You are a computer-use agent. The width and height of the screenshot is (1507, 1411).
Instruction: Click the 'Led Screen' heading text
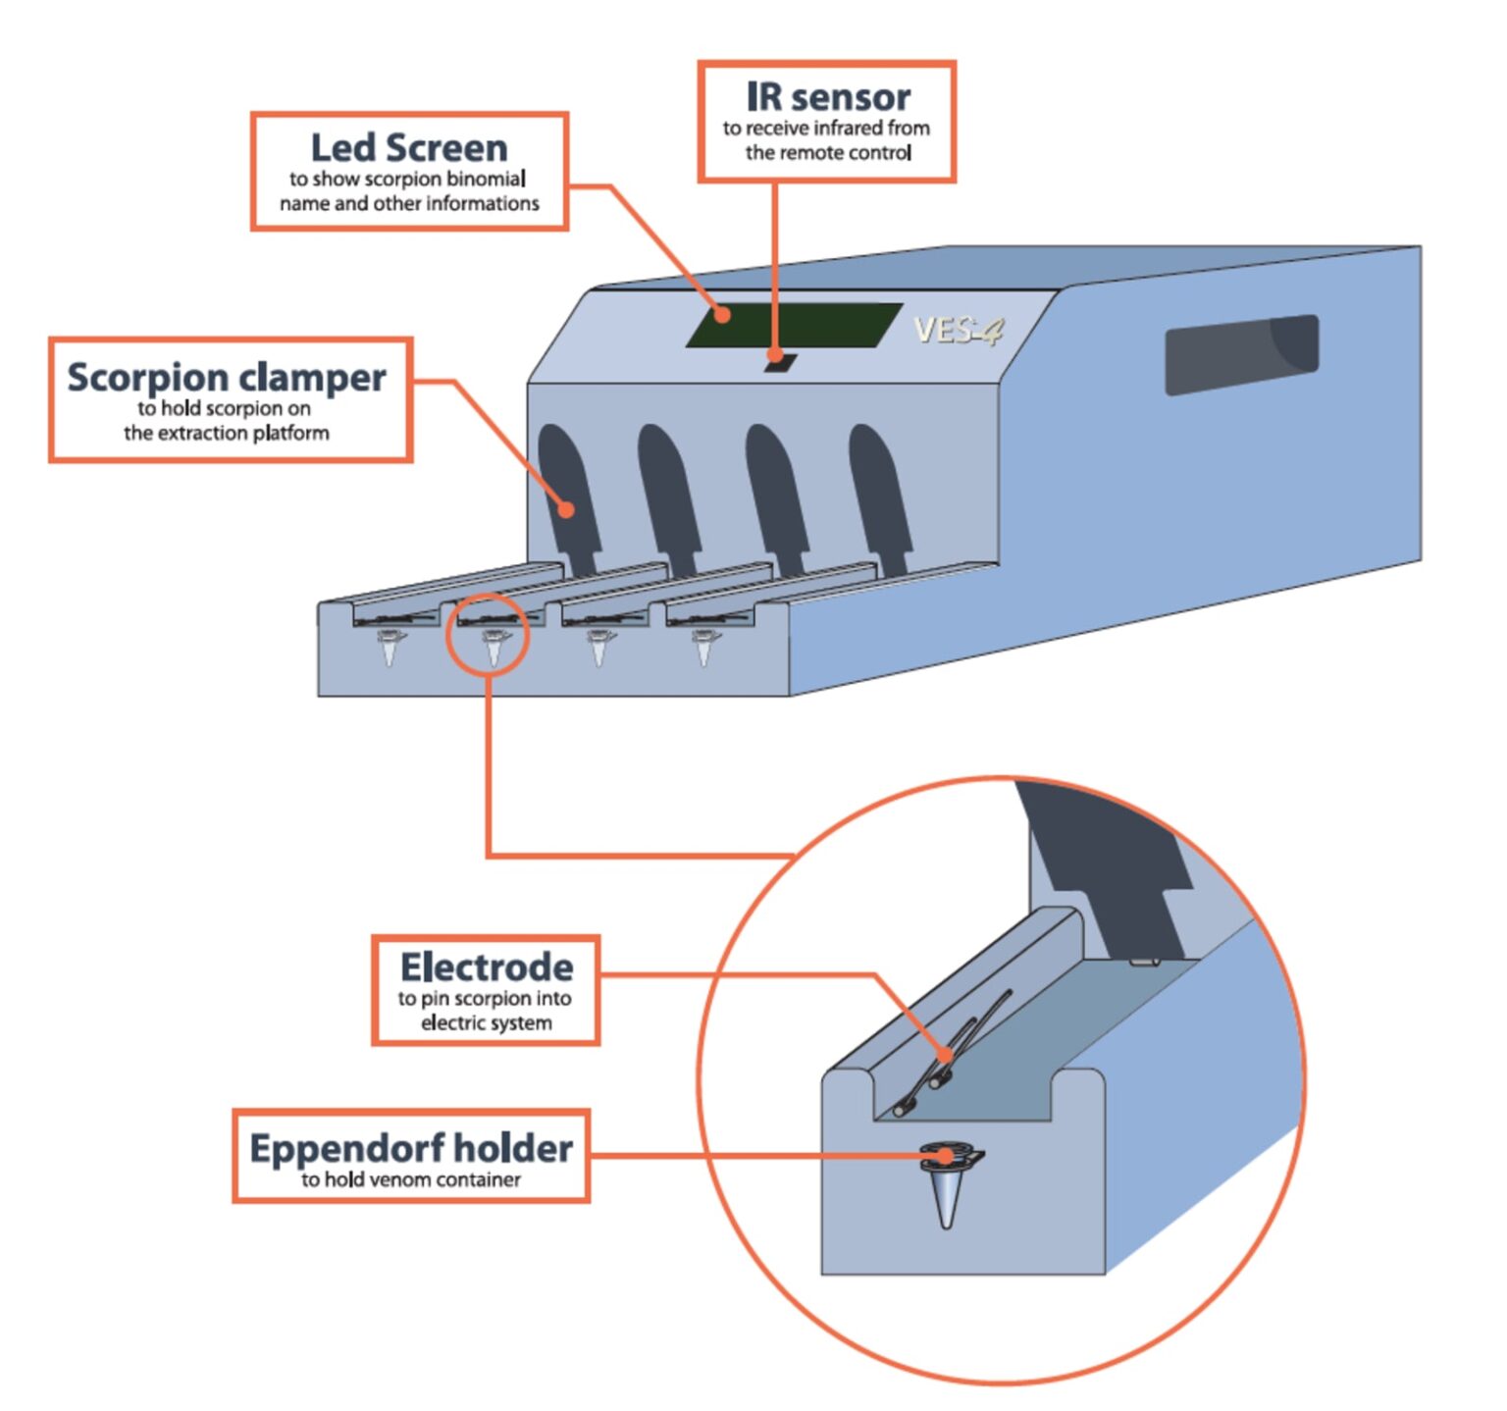click(x=409, y=148)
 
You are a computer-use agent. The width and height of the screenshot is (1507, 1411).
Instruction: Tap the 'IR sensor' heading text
click(x=828, y=97)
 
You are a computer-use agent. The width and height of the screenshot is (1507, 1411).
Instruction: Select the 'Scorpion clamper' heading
click(x=227, y=377)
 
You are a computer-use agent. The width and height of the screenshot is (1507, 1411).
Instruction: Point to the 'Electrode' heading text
click(x=487, y=967)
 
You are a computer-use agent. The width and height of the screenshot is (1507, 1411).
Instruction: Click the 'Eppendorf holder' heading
click(x=411, y=1148)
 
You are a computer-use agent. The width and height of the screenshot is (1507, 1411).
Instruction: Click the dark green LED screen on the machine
click(x=793, y=325)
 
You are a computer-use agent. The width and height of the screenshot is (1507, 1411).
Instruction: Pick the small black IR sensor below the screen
click(x=780, y=362)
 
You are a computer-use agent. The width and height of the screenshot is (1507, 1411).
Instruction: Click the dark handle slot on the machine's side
click(x=1241, y=354)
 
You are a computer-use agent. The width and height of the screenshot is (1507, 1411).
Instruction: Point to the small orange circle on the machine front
click(x=488, y=635)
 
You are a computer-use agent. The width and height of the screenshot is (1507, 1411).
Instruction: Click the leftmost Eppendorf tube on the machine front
click(x=390, y=648)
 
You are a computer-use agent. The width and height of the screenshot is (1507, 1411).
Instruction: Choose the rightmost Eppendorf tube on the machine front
click(x=703, y=648)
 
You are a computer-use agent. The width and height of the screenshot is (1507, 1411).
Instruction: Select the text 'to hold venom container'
click(x=411, y=1179)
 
